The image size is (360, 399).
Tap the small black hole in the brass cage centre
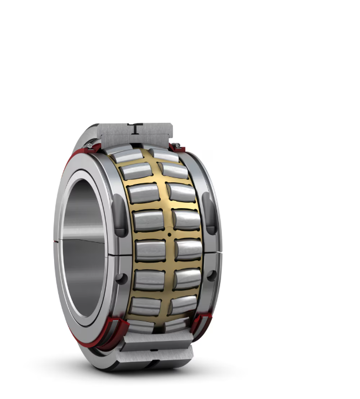169,234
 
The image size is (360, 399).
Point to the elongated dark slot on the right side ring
209,215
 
